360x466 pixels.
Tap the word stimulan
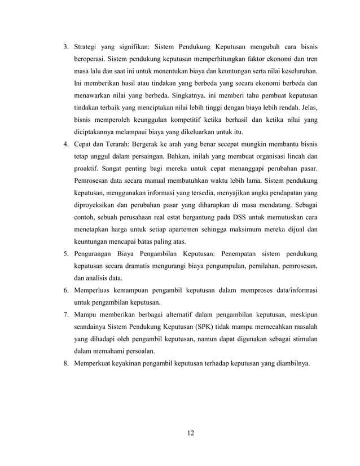tap(301, 339)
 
